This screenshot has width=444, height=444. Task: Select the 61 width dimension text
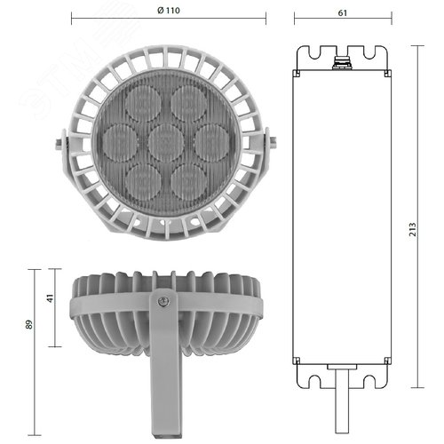pos(342,12)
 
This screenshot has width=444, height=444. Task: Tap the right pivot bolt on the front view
pos(271,140)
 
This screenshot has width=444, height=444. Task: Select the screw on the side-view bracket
pos(162,302)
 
